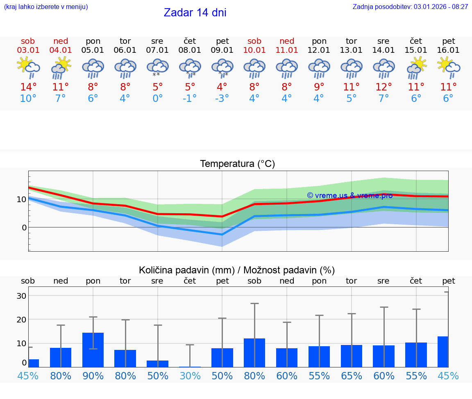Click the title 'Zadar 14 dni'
[x=195, y=13]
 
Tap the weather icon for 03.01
[x=28, y=68]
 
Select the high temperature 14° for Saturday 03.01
[x=28, y=87]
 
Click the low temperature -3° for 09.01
[x=222, y=99]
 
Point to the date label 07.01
[x=157, y=50]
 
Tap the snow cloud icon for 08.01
[x=190, y=68]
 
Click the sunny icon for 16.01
[x=449, y=68]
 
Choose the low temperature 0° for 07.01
[x=157, y=99]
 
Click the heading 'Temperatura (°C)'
[x=237, y=164]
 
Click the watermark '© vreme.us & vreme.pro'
[x=349, y=195]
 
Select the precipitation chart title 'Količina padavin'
[x=237, y=270]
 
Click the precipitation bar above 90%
[x=93, y=350]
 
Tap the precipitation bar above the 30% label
[x=190, y=366]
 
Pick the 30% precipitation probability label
[x=190, y=376]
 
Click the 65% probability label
[x=352, y=376]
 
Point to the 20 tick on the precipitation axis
[x=22, y=319]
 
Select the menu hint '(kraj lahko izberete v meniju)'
[x=45, y=7]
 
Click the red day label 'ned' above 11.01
[x=287, y=41]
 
